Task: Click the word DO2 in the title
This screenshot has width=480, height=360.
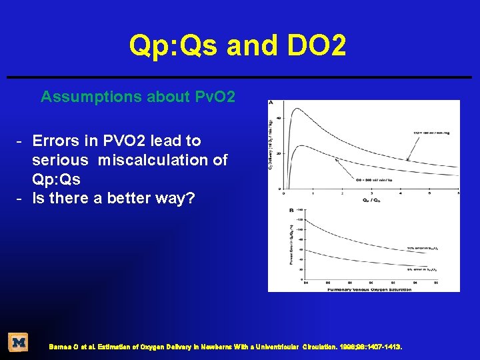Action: pos(312,46)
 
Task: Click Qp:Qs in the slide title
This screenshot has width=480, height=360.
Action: pos(174,46)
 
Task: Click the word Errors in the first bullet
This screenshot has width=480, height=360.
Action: pos(55,141)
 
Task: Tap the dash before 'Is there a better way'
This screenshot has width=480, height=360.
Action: pos(21,198)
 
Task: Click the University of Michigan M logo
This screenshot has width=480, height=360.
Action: pos(18,343)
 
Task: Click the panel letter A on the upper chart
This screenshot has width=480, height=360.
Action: pos(271,103)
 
